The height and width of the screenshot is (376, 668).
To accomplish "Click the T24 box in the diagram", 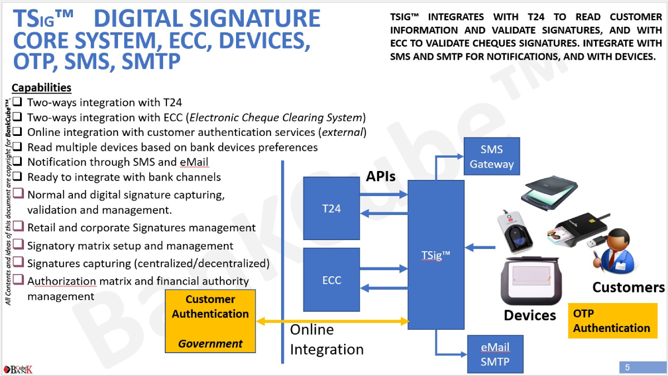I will (x=331, y=208).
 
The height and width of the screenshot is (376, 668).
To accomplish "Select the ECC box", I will (x=331, y=280).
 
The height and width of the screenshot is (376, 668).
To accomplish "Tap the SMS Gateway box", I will (x=492, y=157).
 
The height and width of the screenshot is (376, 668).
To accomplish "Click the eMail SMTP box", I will (x=495, y=354).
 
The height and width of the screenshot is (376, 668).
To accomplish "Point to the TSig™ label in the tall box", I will (x=436, y=255).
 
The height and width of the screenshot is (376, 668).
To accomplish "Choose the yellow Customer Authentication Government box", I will (x=210, y=321).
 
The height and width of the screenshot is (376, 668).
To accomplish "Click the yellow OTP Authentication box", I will (x=612, y=321).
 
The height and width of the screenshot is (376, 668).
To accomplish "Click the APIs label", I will (x=381, y=177).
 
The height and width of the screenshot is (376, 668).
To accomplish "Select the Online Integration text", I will (x=327, y=339).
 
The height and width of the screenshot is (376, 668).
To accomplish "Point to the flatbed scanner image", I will (x=547, y=194).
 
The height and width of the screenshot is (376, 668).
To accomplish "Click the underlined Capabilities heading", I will (x=42, y=87).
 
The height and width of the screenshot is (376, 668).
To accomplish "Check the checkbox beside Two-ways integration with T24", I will (x=18, y=102).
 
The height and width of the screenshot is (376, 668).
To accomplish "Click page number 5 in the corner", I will (x=627, y=367).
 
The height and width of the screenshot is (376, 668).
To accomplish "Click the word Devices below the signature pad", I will (x=530, y=315).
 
